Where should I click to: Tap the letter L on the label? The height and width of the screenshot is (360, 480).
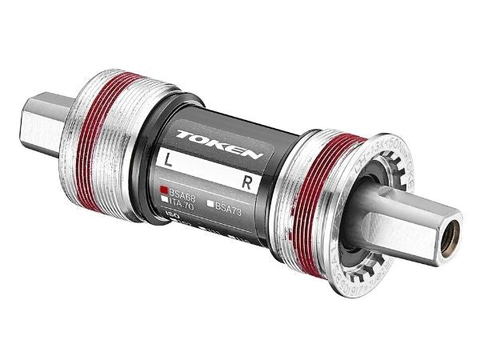click(168, 158)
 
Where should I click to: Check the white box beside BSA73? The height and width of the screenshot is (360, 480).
click(212, 205)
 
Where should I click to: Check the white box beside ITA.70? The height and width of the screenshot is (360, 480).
click(164, 202)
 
